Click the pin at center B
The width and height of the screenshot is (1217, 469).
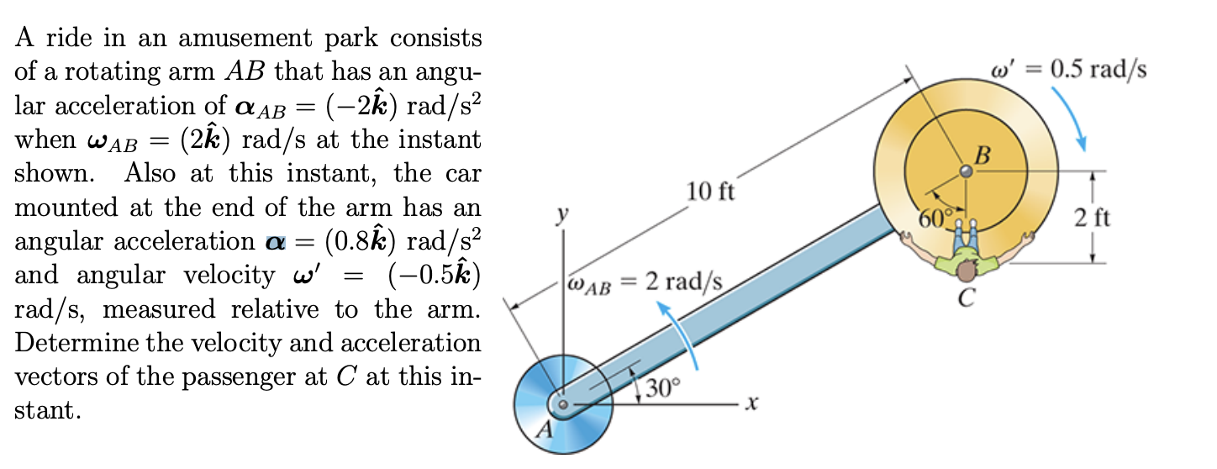pos(967,171)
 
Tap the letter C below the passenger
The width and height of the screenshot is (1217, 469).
pos(966,297)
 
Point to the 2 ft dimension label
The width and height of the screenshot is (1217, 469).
pos(1093,218)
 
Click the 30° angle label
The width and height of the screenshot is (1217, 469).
pos(663,389)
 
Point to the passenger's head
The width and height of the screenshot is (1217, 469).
pos(967,271)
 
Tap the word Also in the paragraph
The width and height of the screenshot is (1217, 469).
pos(152,174)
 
